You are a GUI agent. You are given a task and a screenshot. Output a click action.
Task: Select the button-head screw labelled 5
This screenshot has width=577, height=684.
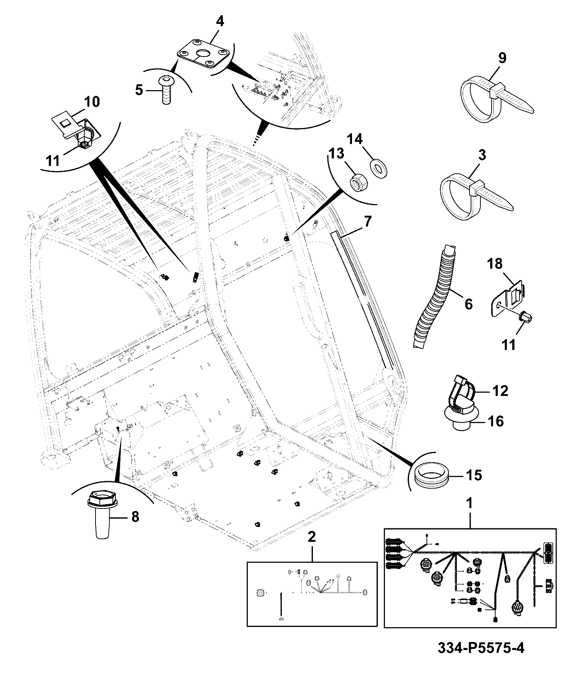166,89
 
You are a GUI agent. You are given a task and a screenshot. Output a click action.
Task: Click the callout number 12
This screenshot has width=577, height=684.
500,391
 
